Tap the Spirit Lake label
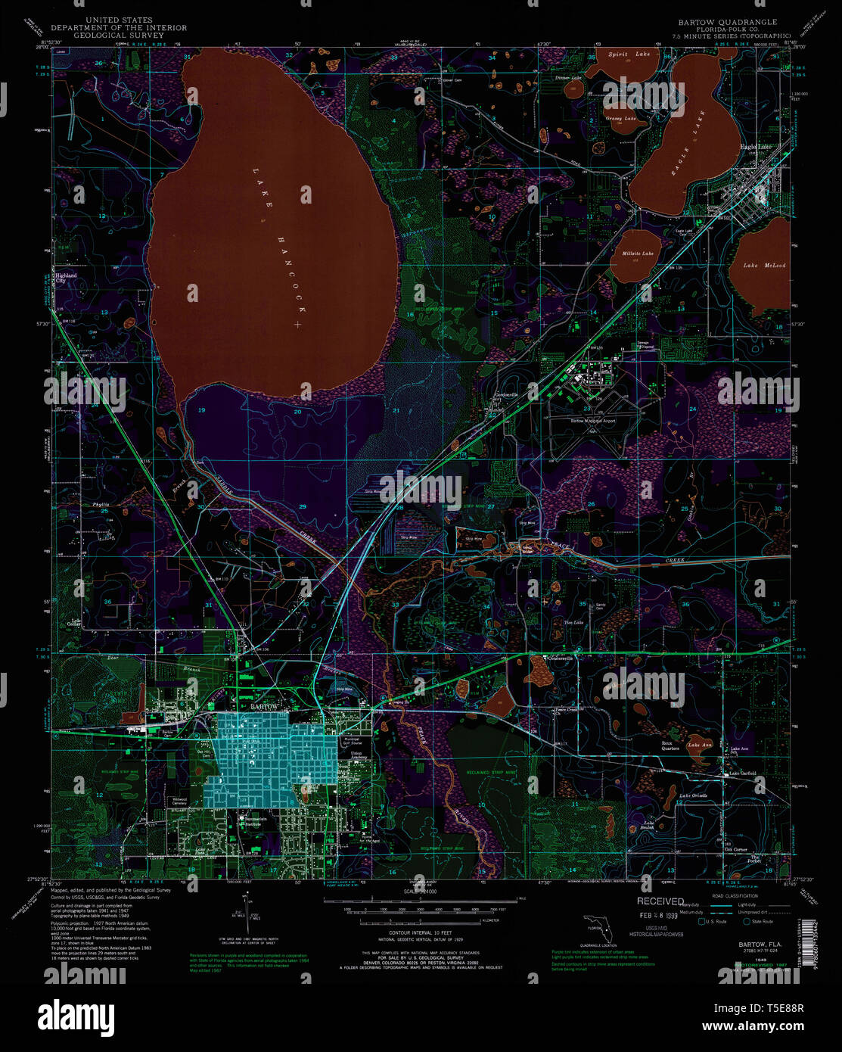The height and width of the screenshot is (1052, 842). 629,54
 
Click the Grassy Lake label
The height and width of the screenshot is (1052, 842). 620,119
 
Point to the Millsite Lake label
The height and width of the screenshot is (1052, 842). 638,254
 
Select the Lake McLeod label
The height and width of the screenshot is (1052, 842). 764,266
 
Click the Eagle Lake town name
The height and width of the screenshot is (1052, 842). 756,147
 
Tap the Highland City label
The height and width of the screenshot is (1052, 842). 67,278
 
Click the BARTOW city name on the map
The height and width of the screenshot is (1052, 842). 264,706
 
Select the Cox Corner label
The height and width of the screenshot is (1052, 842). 736,849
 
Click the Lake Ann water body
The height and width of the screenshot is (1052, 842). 694,742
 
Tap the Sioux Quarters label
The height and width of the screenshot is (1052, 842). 670,745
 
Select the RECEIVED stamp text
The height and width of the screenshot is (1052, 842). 660,901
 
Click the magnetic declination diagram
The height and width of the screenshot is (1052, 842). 245,917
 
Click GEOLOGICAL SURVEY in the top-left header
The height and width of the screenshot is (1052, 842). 119,36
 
